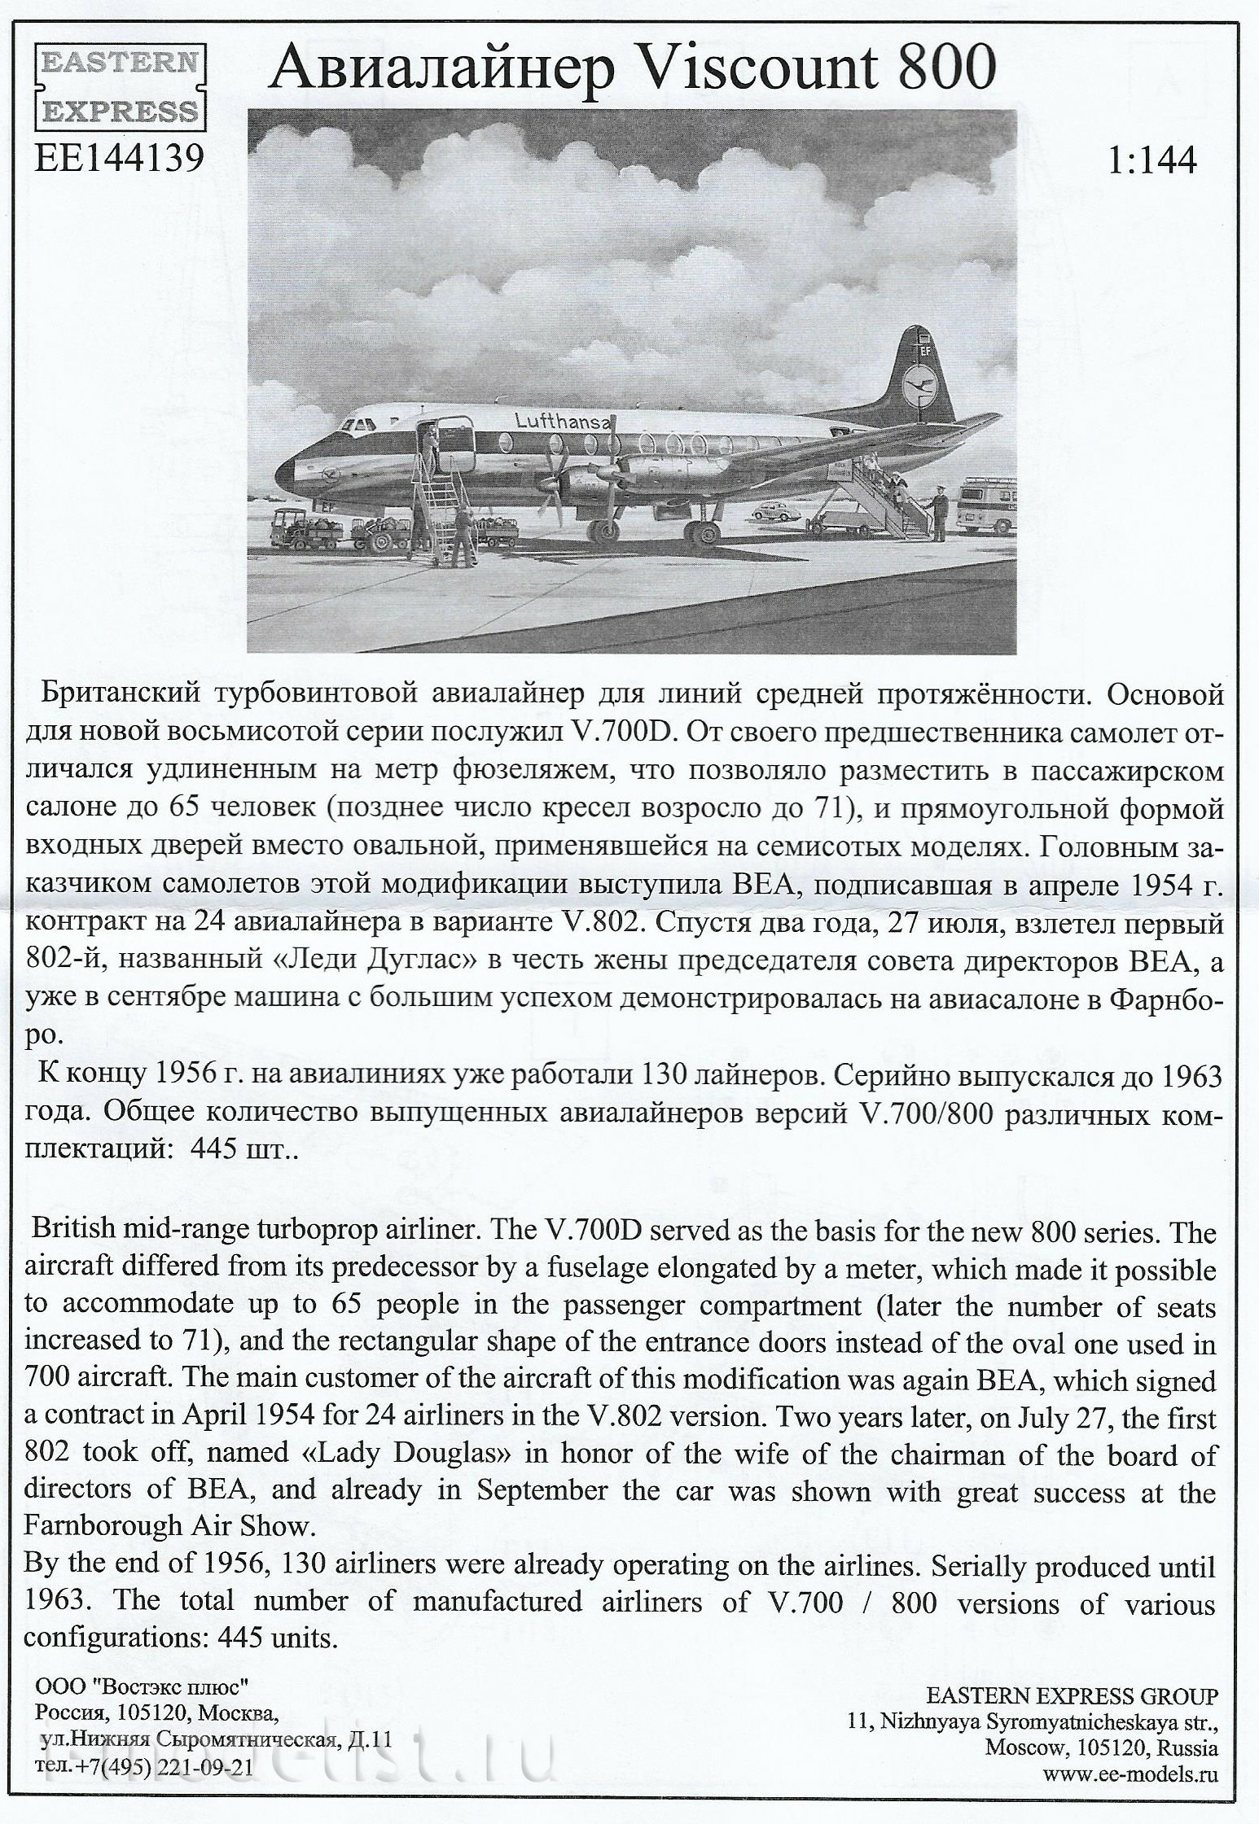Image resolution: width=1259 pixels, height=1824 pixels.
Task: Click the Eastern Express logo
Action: tap(119, 86)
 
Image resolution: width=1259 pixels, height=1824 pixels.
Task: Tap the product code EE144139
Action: tap(119, 160)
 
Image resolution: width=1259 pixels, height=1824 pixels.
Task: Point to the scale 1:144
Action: tap(1152, 160)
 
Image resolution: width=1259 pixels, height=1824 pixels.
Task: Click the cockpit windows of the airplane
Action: tap(357, 426)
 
